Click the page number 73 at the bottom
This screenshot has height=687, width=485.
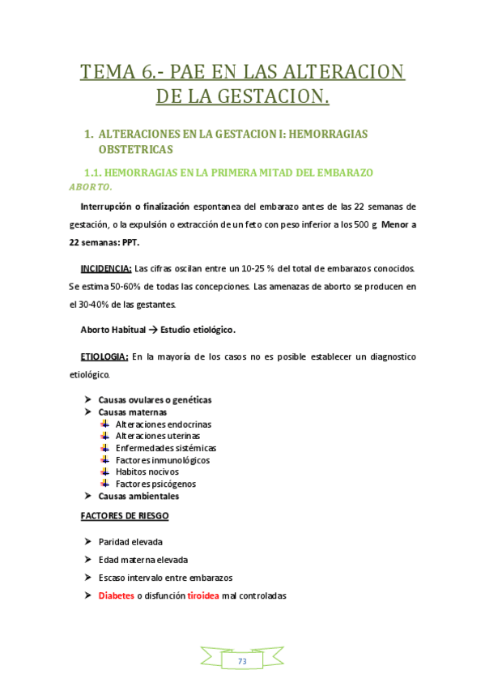tap(242, 662)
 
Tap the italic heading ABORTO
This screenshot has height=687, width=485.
tap(90, 187)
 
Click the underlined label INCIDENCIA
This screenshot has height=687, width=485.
tap(105, 267)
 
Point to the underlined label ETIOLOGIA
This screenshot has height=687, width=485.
tap(104, 356)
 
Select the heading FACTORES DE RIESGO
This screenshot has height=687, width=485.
tap(125, 515)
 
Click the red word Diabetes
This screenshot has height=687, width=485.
tap(117, 595)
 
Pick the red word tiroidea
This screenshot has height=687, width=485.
tap(202, 595)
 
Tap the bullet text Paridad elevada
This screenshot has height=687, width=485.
tap(127, 541)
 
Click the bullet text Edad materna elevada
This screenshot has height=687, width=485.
tap(143, 559)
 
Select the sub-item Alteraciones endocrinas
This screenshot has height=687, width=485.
tap(164, 424)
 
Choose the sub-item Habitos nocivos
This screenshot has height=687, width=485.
tap(147, 472)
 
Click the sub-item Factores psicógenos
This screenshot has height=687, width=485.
tap(155, 484)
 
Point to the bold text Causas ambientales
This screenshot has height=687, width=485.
tap(138, 496)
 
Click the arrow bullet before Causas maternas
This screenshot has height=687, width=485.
tap(88, 412)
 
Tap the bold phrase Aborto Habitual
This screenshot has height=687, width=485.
tap(113, 329)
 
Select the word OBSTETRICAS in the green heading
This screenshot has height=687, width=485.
tap(135, 150)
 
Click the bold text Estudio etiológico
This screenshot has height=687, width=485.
tap(198, 329)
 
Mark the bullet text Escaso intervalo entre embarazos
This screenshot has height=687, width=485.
tap(165, 578)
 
